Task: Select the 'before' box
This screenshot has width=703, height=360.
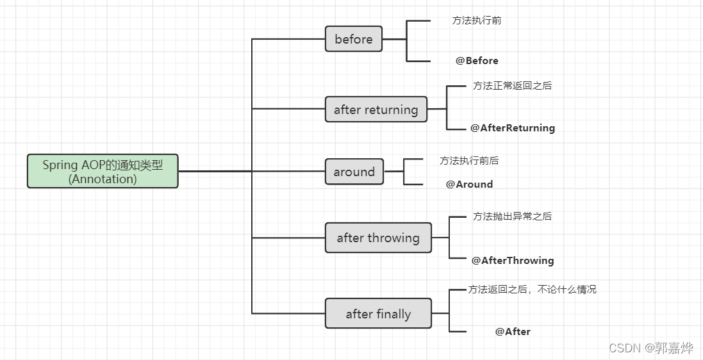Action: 354,39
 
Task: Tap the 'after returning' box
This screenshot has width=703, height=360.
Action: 376,110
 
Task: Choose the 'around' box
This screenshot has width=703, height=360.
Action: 354,172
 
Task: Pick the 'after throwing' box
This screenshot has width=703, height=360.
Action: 378,238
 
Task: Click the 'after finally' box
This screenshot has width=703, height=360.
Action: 378,314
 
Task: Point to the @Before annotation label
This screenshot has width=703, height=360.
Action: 477,61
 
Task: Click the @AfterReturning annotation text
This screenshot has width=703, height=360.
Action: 513,128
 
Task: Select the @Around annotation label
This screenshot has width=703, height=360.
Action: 470,184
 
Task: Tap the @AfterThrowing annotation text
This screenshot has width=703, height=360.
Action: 513,261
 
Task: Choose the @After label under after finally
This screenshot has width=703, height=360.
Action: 513,332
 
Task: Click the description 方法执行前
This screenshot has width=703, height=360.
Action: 477,20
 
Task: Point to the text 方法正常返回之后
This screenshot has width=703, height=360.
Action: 512,85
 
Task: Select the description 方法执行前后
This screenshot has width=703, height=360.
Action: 469,161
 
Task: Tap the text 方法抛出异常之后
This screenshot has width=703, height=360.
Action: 512,217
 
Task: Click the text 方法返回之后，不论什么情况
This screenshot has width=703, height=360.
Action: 532,290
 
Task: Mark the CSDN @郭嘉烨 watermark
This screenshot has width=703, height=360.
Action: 651,348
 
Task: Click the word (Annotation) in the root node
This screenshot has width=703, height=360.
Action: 103,179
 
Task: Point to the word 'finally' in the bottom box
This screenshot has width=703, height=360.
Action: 393,314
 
